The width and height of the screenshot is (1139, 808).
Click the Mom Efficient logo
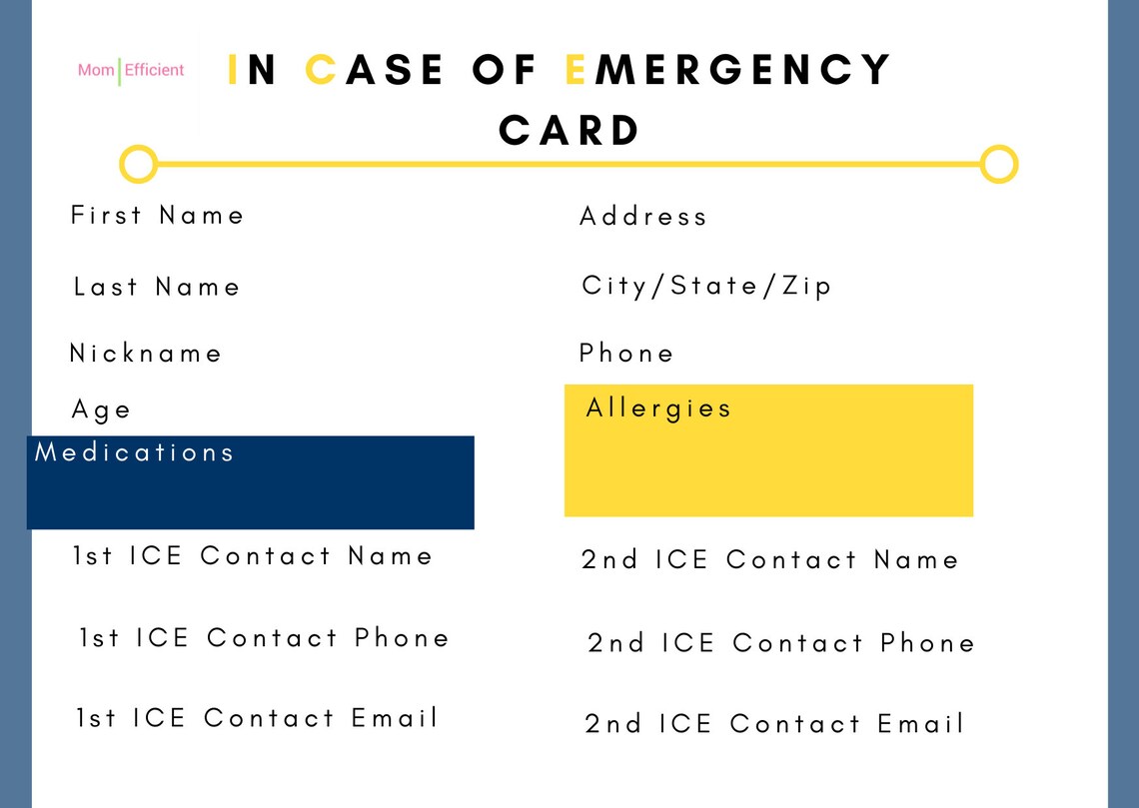coord(131,71)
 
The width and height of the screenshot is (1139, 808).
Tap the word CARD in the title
coord(569,131)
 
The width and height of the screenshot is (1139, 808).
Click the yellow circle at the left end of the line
coord(139,164)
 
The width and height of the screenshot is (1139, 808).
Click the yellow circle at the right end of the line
coord(998,164)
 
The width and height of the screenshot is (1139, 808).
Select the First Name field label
coord(157,216)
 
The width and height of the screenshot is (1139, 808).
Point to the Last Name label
coord(157,288)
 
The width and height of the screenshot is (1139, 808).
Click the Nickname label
coord(146,354)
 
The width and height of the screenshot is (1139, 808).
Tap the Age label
coord(101,409)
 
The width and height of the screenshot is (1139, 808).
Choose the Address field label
coord(642,217)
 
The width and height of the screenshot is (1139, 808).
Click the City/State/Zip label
coord(706,287)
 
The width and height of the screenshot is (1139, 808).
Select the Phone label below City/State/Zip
coord(626,354)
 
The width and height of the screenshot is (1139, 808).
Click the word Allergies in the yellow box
coord(658,408)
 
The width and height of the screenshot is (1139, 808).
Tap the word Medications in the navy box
coord(135,452)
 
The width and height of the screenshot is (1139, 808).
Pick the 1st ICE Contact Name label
coord(253,556)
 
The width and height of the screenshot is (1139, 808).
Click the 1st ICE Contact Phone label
coord(265,638)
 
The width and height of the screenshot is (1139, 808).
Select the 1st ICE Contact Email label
coord(258,718)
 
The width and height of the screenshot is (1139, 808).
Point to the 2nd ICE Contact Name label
coord(769,560)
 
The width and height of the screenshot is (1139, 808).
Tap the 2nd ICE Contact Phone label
coord(781,643)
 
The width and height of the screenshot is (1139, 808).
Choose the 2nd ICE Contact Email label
coord(774,724)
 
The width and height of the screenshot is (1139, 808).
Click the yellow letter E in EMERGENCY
coord(574,70)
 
